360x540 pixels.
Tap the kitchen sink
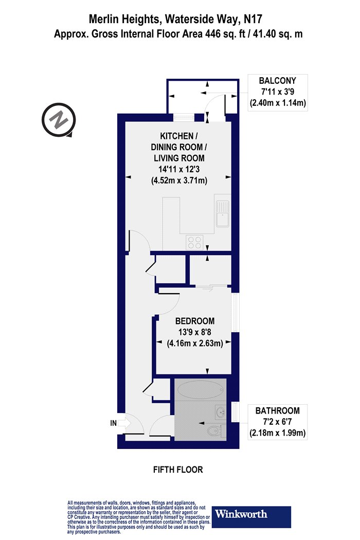coord(223,213)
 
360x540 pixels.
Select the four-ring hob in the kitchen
coord(194,242)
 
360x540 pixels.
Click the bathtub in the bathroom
coord(201,389)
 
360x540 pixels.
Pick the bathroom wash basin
coord(220,412)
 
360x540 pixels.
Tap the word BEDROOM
coord(195,321)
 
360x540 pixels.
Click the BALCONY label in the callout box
coord(277,81)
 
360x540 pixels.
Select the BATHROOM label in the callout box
coord(277,410)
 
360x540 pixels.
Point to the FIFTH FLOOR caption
coord(178,470)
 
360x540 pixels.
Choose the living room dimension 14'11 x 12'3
coord(179,169)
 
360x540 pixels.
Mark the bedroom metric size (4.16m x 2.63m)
coord(195,343)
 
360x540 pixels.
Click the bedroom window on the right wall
coord(236,312)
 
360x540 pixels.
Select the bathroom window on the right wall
coord(236,411)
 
